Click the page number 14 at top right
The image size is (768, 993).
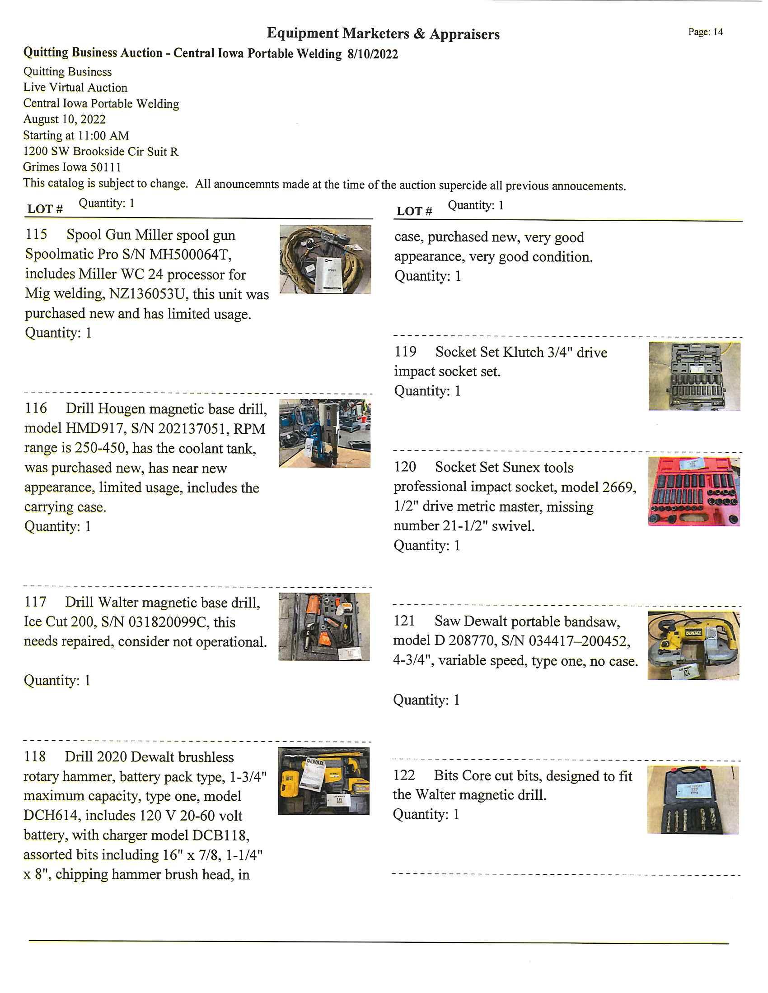pos(717,32)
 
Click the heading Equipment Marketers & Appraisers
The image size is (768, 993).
pos(383,34)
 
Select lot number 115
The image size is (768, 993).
pos(37,235)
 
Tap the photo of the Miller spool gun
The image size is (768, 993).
pos(325,259)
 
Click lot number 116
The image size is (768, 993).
pos(36,408)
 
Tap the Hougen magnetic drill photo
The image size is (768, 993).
pos(325,433)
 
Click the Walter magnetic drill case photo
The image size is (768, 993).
pos(324,626)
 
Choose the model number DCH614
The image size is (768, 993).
pos(51,815)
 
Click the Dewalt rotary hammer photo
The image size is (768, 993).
pos(323,781)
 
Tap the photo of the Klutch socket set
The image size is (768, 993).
pos(694,376)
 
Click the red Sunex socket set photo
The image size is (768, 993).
pos(694,492)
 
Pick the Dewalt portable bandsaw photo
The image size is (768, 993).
pos(693,645)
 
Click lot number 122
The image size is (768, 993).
pos(404,775)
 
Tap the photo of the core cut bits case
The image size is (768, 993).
pos(693,800)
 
